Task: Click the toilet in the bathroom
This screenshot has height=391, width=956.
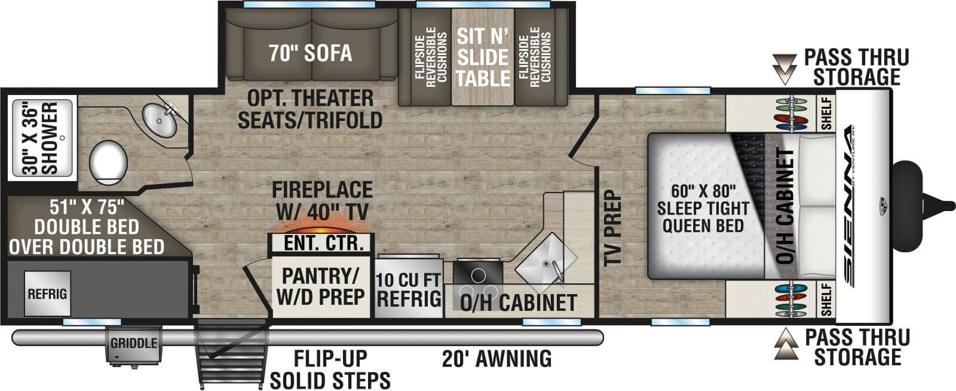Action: pyautogui.click(x=108, y=161)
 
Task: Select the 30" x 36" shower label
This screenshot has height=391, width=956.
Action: pyautogui.click(x=42, y=139)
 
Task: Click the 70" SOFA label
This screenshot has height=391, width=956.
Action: pyautogui.click(x=310, y=53)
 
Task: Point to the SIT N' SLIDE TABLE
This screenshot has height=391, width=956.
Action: pyautogui.click(x=483, y=57)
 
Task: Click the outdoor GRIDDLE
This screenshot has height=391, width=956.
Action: pyautogui.click(x=133, y=344)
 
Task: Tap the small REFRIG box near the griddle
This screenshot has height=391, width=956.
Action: pyautogui.click(x=47, y=294)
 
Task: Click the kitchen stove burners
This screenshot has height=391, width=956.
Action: pyautogui.click(x=478, y=275)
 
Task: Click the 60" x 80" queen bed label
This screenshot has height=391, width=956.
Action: pyautogui.click(x=703, y=209)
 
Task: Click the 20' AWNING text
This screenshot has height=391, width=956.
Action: pyautogui.click(x=497, y=359)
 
